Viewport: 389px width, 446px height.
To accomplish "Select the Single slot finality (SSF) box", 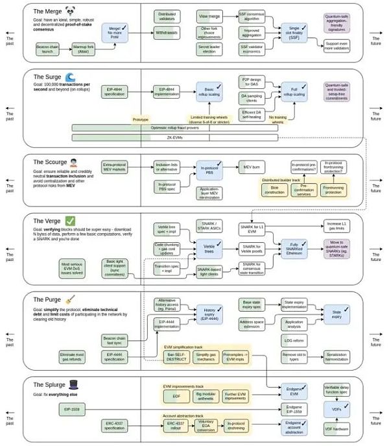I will point(293,32).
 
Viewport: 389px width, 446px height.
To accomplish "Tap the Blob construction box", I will point(272,190).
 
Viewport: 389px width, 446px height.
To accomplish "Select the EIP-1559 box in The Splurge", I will point(72,410).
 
